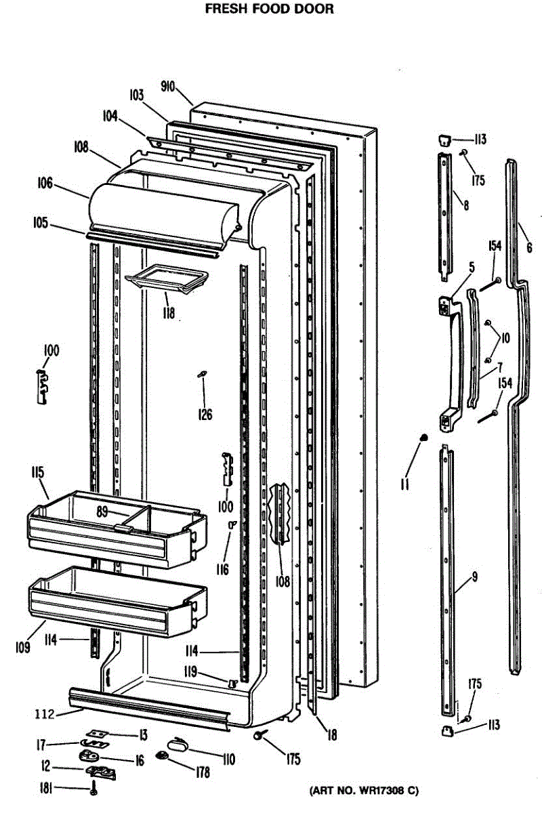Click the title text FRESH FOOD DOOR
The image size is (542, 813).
[x=270, y=10]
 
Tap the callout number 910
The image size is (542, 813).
[x=168, y=86]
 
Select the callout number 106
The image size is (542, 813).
[x=45, y=182]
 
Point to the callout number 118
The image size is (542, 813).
[x=167, y=313]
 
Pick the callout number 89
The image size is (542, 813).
[x=102, y=513]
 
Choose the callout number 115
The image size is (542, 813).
[x=37, y=472]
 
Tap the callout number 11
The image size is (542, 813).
[x=404, y=485]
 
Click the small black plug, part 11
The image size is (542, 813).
[x=424, y=437]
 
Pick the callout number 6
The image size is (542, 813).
[x=529, y=248]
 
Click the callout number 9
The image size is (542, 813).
[x=474, y=577]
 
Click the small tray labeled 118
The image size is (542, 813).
[x=164, y=279]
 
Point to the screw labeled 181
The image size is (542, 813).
[x=94, y=788]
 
